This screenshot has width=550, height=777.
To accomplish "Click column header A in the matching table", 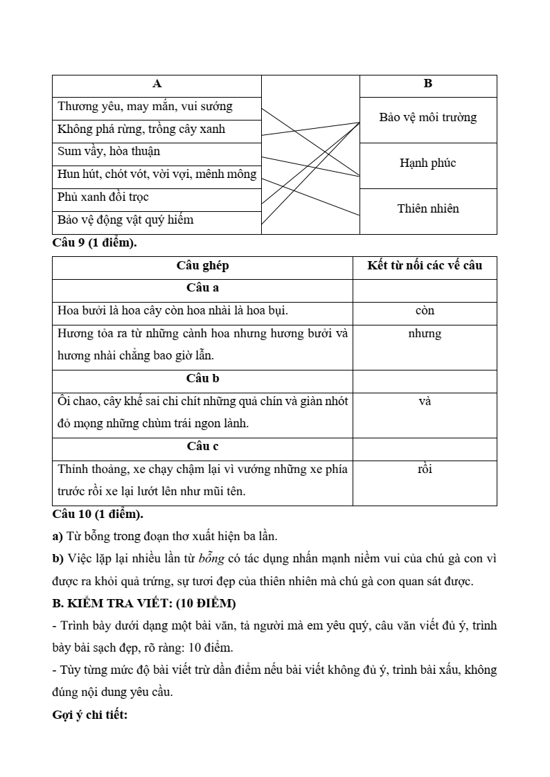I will coord(157,84).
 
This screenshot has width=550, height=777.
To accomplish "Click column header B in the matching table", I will coord(427,84).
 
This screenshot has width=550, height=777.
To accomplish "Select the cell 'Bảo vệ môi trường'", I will coord(427,118).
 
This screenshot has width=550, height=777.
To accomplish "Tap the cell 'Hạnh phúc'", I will coord(427,163).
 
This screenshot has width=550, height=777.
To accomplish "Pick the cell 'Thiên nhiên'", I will coord(427,209).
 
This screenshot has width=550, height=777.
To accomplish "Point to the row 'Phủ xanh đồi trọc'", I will coord(103,197).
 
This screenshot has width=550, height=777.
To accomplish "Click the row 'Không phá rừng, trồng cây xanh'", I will coord(141,129).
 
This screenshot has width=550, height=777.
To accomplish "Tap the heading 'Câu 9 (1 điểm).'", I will coord(94,243).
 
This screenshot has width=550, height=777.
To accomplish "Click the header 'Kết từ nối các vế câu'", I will coord(425,266).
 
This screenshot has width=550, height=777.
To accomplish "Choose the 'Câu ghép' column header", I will coord(202,266).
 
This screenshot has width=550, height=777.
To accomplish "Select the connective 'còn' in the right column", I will coord(425,311).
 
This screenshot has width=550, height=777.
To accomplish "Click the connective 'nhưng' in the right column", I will coord(425,334).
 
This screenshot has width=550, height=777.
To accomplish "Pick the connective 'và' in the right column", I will coord(425,401).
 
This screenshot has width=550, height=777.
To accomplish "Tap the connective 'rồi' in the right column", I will coord(425,470).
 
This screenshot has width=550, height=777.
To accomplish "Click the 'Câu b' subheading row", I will coord(202,379).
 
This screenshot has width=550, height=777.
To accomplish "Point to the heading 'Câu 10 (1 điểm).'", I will coord(98,514).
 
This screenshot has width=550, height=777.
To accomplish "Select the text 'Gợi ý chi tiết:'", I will coord(90,715).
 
